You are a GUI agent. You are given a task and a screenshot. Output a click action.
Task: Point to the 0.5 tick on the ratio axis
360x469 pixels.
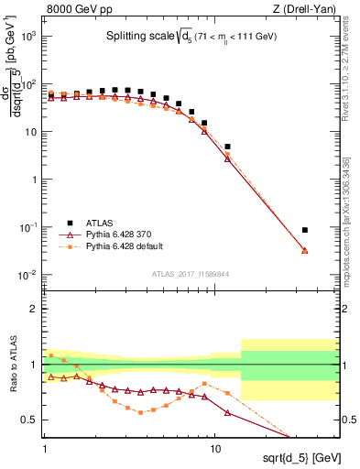tap(29, 420)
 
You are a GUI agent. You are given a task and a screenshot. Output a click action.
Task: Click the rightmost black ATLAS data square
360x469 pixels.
tap(305, 230)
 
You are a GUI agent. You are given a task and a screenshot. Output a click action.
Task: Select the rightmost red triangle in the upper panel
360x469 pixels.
tap(305, 250)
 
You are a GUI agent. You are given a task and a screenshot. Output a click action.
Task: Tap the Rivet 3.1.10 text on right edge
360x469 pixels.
tap(346, 84)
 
